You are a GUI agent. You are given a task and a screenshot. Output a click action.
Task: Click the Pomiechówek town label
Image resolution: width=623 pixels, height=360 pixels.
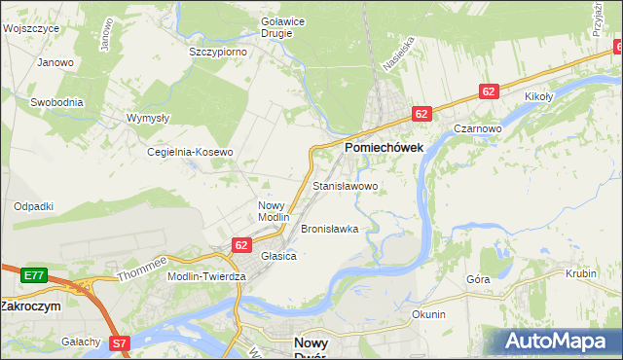383,148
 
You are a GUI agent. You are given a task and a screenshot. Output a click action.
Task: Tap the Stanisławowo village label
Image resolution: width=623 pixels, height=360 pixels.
345,185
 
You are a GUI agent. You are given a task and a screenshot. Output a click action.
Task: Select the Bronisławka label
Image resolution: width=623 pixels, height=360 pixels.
330,230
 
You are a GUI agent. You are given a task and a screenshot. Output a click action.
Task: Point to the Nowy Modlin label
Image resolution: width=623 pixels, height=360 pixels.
274,211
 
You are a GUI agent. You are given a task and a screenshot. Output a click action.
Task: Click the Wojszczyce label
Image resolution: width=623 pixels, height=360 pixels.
31,29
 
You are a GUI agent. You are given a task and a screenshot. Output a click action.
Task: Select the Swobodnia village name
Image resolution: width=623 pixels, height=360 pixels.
56,102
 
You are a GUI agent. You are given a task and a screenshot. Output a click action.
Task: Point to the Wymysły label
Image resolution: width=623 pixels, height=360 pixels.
148,118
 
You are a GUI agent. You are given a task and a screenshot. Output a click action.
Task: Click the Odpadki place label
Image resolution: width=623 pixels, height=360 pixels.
33,206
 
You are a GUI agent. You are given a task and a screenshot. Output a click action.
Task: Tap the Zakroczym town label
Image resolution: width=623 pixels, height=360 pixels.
30,305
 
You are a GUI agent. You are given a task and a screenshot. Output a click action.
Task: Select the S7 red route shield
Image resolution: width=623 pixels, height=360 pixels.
120,342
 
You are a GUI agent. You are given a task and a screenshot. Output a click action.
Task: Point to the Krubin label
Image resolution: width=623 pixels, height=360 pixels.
580,274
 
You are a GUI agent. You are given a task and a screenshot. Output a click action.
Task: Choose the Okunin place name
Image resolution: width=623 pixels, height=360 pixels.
428,314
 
